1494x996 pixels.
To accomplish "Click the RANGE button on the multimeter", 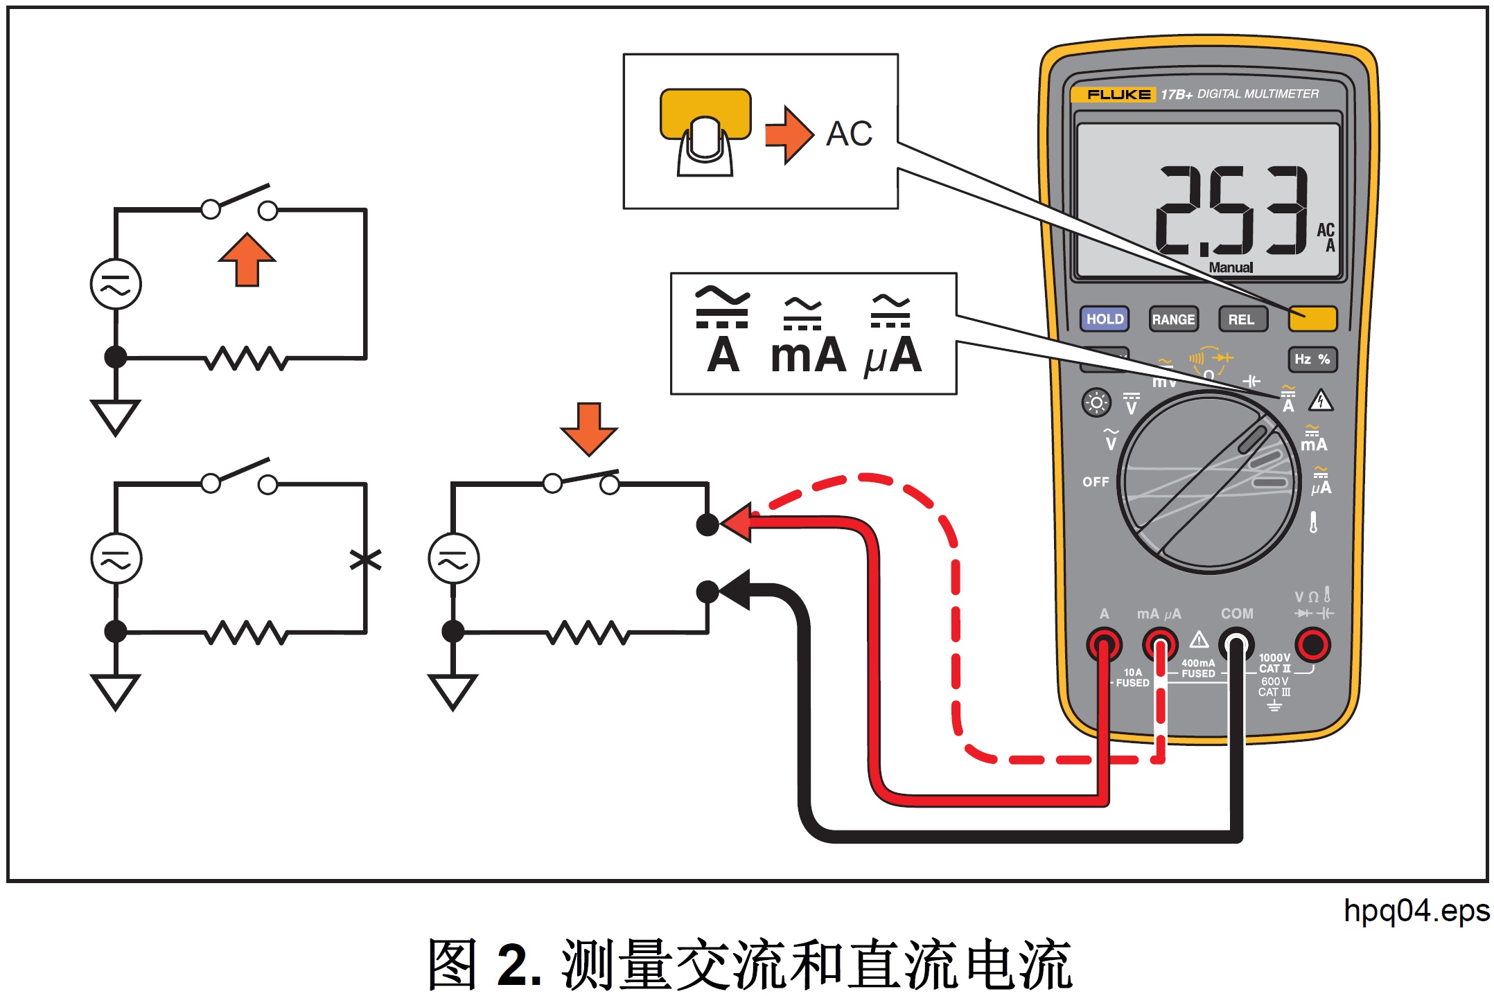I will (1173, 319).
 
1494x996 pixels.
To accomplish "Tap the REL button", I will (1242, 319).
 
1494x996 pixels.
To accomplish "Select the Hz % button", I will (1312, 359).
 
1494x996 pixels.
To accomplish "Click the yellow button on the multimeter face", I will (1312, 319).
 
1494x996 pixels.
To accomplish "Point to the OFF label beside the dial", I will (1096, 481).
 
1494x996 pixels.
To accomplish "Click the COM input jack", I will (1236, 645).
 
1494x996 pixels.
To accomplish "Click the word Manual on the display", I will (1231, 267).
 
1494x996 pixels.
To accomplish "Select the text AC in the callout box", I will (849, 134).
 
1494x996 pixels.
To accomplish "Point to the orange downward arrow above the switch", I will (588, 428).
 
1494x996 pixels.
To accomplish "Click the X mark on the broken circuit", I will (365, 559).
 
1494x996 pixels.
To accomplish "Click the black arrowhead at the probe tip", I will (736, 590).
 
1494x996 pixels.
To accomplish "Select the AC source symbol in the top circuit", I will (116, 284).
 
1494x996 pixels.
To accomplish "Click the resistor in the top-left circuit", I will (246, 358).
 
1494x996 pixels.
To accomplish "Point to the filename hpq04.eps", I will (1415, 910).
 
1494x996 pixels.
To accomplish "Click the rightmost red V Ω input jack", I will (1312, 645).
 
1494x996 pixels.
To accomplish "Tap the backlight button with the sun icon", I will (1096, 402).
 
